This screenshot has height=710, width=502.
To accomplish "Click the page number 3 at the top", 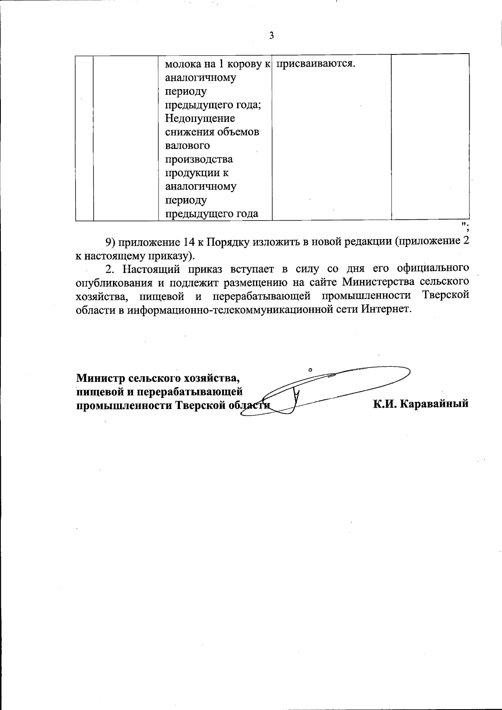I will (x=271, y=36).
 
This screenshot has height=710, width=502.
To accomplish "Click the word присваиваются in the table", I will (x=316, y=64).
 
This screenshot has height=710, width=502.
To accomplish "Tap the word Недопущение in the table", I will (x=200, y=119).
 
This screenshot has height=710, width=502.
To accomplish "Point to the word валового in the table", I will (x=188, y=146).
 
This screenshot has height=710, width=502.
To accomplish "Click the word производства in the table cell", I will (x=199, y=160).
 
